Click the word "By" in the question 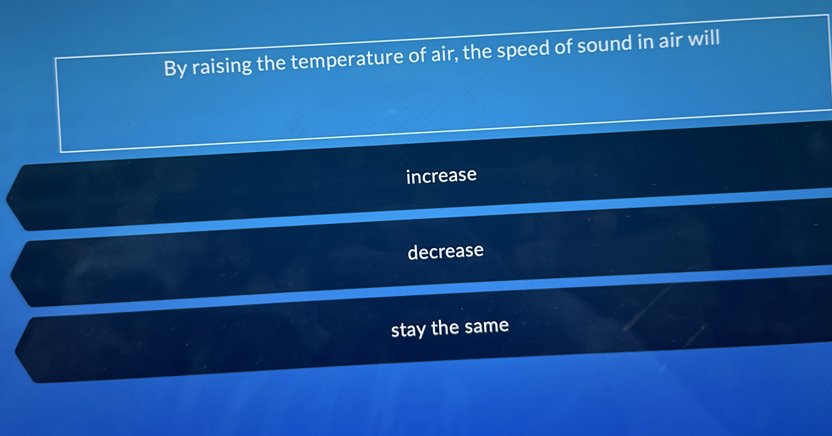pos(175,69)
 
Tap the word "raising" pos(222,65)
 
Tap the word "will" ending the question pos(704,38)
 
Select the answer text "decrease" pos(445,251)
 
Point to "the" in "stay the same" pos(445,327)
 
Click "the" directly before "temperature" pos(271,63)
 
